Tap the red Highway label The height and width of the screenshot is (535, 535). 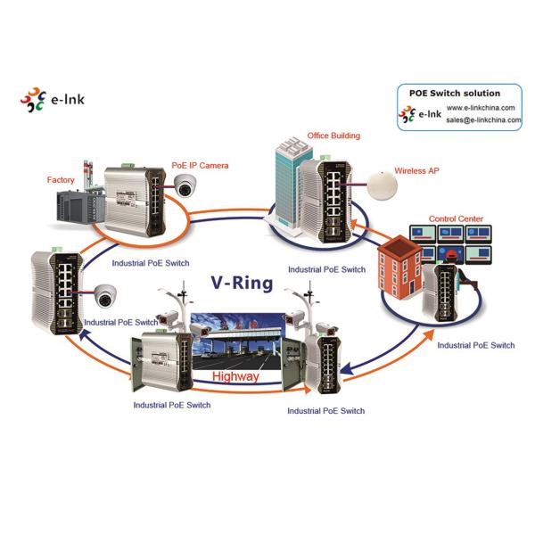235,377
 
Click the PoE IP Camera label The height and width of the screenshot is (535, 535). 200,166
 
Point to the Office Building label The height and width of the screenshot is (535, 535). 333,136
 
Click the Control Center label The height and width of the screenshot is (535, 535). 456,218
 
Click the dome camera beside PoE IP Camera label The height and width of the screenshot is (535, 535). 185,185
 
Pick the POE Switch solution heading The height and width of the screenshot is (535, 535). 454,93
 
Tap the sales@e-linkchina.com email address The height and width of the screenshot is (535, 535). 481,119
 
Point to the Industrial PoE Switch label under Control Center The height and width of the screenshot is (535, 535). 476,344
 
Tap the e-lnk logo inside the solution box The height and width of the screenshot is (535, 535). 419,113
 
